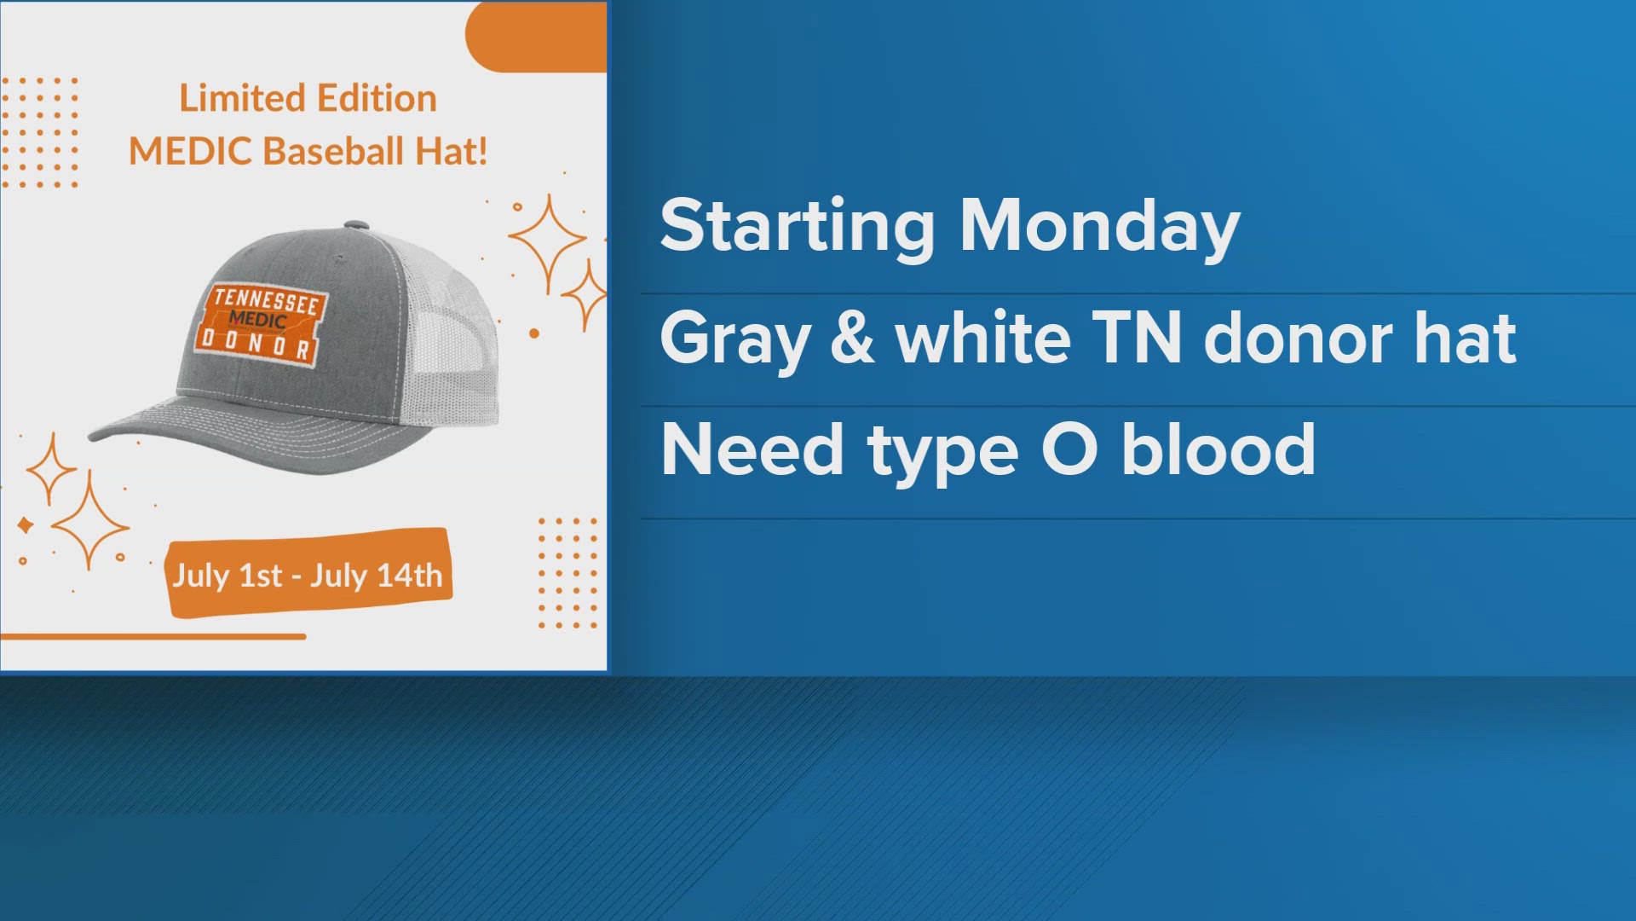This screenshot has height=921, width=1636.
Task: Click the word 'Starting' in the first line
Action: [x=798, y=227]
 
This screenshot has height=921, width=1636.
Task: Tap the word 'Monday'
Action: [x=1099, y=227]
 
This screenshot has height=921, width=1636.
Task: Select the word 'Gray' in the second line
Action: [x=734, y=339]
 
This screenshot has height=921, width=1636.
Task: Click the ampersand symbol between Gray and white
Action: [x=852, y=338]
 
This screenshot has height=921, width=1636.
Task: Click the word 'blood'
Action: [x=1218, y=449]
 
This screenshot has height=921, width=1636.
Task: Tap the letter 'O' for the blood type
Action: [x=1069, y=449]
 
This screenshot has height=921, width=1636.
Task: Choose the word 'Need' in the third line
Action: [x=752, y=449]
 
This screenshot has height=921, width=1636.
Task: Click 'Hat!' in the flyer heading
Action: [x=452, y=152]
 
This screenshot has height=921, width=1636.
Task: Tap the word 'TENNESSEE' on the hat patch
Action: [x=266, y=300]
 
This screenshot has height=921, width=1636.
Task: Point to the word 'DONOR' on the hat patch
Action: [x=256, y=345]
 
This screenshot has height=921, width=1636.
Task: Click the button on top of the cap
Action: [x=357, y=226]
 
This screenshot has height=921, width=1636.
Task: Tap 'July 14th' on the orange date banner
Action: [x=377, y=576]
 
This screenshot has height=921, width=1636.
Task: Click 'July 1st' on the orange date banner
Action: [x=228, y=576]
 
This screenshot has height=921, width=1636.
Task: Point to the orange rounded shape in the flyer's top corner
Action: [x=537, y=36]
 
